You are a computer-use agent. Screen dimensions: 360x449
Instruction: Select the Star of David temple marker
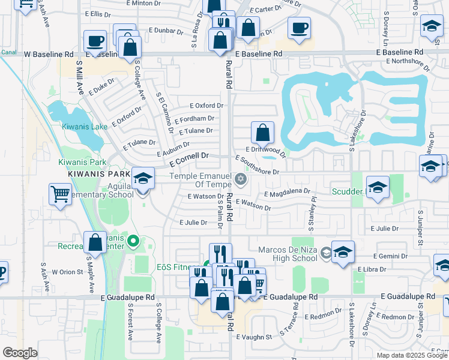coord(241,179)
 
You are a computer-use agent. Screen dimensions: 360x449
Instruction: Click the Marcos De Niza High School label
coord(288,254)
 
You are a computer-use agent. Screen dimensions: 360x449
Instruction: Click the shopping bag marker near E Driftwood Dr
coord(262,132)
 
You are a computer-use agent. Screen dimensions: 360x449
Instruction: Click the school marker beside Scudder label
coord(377,188)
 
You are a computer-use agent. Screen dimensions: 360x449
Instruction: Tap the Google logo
coord(20,353)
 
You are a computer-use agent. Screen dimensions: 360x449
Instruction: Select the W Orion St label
coord(67,271)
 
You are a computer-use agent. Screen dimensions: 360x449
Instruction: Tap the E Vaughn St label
coord(255,337)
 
